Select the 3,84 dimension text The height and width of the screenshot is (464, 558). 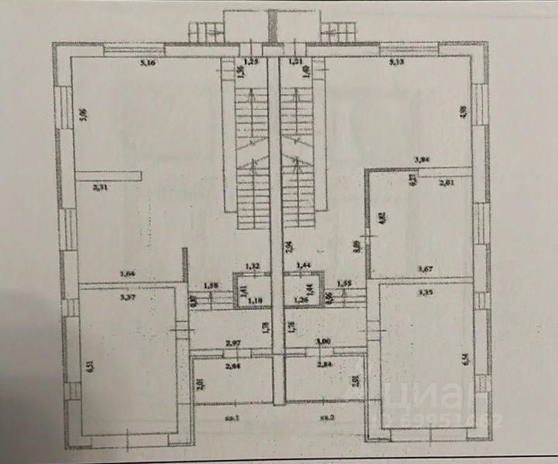pyautogui.click(x=422, y=160)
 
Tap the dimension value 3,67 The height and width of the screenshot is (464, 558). pyautogui.click(x=425, y=269)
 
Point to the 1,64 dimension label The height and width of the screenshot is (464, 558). pyautogui.click(x=128, y=272)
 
